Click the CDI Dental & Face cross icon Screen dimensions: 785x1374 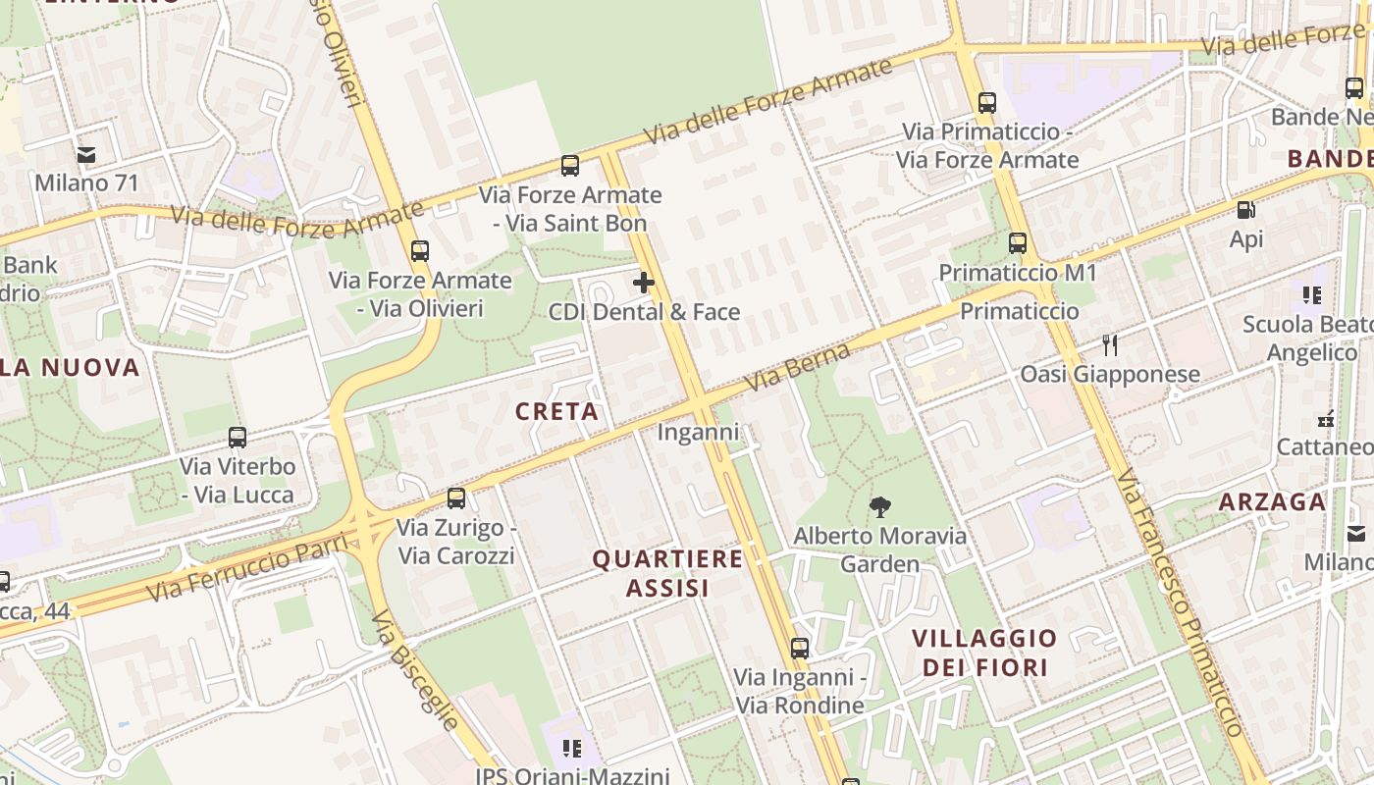(x=644, y=284)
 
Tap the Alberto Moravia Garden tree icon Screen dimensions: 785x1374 (x=880, y=507)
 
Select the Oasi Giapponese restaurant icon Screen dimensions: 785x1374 (x=1110, y=344)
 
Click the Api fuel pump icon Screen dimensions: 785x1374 (x=1245, y=209)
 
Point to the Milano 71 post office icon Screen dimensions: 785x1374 (x=86, y=154)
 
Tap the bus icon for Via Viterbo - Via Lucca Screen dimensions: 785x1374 (x=237, y=438)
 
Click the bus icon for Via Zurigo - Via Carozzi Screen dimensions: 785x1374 (x=455, y=498)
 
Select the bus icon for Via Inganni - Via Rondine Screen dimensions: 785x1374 (x=800, y=649)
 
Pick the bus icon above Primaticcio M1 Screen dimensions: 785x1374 (x=1018, y=243)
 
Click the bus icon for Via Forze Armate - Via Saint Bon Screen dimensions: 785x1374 (x=569, y=166)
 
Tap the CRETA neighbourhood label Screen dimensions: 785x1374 (x=557, y=411)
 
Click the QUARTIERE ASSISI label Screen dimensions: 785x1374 (x=667, y=573)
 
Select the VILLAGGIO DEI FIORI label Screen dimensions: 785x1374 (x=984, y=653)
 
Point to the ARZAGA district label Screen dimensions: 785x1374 (x=1272, y=502)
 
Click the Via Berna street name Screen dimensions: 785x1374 (x=798, y=367)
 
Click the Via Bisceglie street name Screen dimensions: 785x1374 (x=417, y=671)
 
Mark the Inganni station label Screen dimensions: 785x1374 (x=698, y=432)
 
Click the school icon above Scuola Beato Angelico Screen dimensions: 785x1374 (x=1312, y=294)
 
